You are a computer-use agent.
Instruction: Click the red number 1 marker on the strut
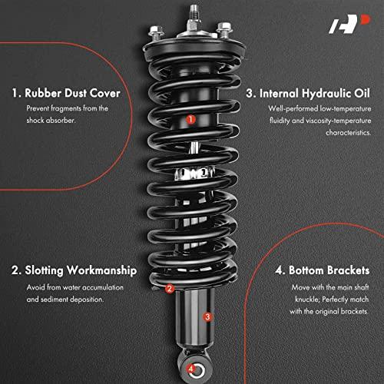pos(190,119)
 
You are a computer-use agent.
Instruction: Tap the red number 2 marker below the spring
pos(169,289)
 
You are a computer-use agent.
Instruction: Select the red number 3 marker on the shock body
pos(207,317)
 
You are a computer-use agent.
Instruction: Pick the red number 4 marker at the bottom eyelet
pos(190,369)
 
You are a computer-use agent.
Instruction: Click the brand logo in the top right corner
pos(349,24)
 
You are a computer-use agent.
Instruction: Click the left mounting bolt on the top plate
pos(156,32)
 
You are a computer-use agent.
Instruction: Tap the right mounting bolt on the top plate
pos(224,29)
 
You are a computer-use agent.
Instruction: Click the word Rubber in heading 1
pos(43,93)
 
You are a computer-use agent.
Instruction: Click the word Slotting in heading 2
pos(44,271)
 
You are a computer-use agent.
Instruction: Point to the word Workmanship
pos(101,270)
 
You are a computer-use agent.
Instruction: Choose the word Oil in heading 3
pos(362,93)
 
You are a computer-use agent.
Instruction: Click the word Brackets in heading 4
pos(349,270)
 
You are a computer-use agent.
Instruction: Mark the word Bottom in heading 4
pos(306,270)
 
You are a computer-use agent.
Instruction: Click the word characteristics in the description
pos(348,133)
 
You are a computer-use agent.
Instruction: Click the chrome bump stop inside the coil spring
pos(194,174)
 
